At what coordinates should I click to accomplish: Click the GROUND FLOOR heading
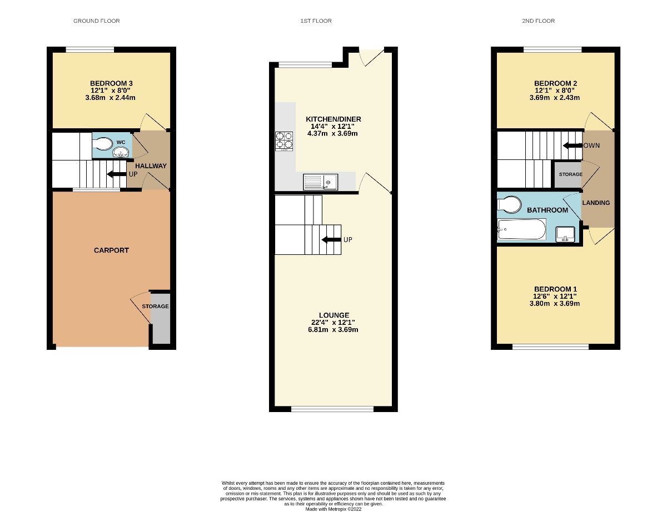[97, 21]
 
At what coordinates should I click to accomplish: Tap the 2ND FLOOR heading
[538, 21]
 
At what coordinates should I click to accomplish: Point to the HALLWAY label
[147, 166]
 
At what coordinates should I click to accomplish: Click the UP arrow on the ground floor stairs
[116, 174]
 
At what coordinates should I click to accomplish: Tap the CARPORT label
[111, 250]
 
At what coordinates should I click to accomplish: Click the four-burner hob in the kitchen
[284, 140]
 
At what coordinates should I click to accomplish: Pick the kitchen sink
[321, 182]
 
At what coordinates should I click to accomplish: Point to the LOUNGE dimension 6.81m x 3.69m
[333, 329]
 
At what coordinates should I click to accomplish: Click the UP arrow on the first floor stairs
[332, 240]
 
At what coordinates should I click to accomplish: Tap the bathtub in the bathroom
[521, 229]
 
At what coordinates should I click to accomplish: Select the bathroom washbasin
[565, 234]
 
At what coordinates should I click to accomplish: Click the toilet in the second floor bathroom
[509, 205]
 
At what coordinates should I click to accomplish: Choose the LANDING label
[596, 203]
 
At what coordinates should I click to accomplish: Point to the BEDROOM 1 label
[555, 289]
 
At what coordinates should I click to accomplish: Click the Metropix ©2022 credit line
[333, 509]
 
